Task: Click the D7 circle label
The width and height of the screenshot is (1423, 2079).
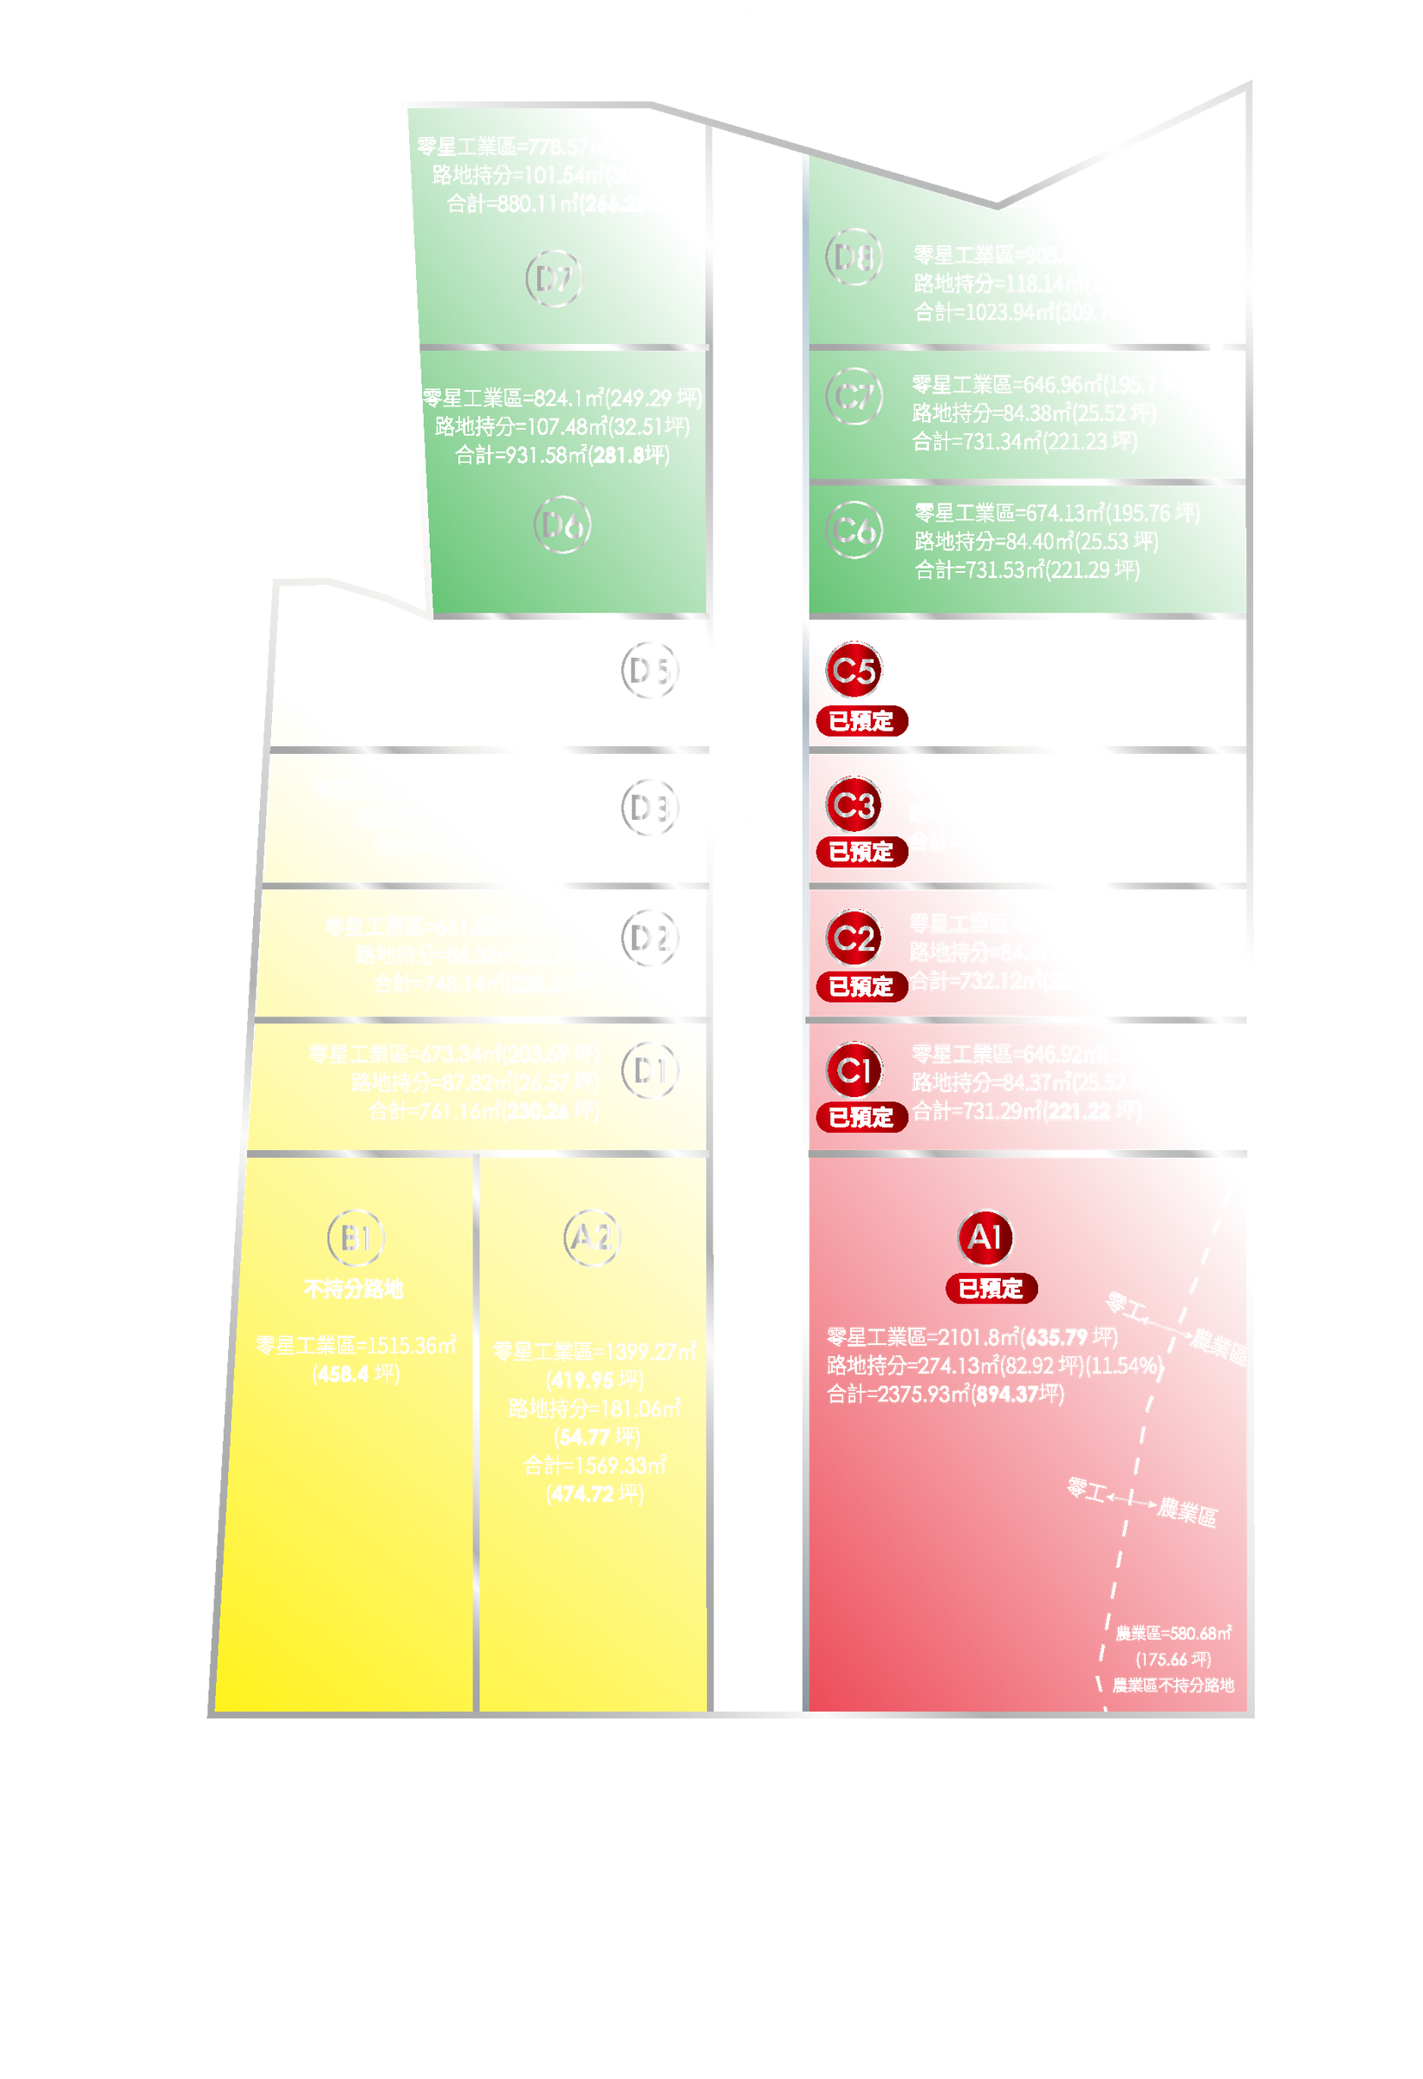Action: pos(555,279)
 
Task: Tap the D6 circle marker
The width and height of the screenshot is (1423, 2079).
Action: pos(562,526)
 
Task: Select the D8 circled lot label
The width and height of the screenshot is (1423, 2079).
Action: pos(854,257)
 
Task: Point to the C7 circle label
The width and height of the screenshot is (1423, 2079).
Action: pos(854,396)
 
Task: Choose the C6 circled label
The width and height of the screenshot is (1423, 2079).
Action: pos(854,529)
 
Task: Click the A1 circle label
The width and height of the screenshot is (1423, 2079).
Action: pos(984,1238)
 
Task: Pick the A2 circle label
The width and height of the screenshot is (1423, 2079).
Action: pos(591,1238)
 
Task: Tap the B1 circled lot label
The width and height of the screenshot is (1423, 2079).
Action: pos(356,1238)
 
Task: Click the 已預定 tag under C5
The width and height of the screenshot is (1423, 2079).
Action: pos(861,721)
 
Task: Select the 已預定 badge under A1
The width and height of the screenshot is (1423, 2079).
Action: pos(991,1288)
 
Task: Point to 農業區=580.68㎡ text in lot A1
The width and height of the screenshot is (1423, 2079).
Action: pos(1173,1633)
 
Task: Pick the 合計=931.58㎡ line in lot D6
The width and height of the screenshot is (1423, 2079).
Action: pos(562,455)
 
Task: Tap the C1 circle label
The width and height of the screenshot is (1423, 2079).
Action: pos(854,1070)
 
